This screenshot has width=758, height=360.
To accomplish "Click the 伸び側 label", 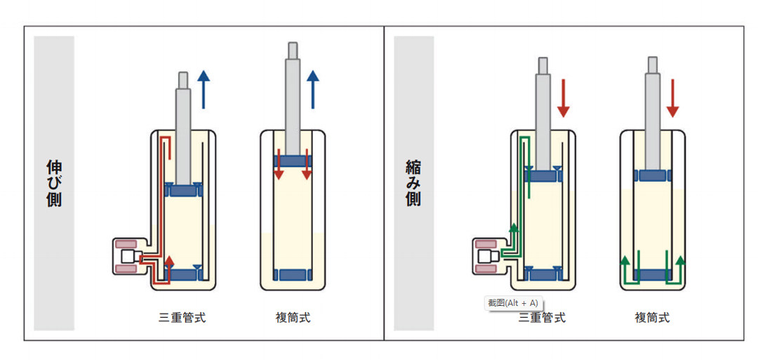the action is [x=54, y=184].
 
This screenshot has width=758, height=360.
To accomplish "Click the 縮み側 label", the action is [x=413, y=184].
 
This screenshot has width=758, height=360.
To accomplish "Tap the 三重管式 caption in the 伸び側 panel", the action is [x=182, y=318].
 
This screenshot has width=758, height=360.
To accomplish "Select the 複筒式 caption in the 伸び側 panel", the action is [x=293, y=318].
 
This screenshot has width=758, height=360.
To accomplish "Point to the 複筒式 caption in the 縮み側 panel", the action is [x=652, y=318].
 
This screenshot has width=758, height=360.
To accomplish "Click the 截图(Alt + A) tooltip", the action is [x=513, y=303].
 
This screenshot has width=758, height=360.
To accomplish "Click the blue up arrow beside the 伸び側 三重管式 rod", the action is [x=204, y=89].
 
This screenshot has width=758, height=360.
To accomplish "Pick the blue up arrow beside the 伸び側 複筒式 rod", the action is [x=313, y=89].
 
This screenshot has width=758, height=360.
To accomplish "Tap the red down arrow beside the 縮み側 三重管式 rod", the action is [x=563, y=98].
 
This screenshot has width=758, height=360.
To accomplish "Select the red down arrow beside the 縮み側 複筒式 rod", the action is [x=672, y=98].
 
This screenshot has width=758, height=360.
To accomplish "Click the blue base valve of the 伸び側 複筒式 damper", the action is [x=293, y=274].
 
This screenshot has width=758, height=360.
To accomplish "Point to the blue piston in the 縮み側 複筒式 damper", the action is [x=653, y=175].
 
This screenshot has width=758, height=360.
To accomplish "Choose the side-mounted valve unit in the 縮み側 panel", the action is [x=489, y=256].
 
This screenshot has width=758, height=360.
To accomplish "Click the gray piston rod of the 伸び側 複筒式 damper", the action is [x=293, y=98].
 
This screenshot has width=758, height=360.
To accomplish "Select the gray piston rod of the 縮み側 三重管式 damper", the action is [x=543, y=114].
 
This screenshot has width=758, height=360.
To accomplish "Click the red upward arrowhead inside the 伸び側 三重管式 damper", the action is [x=168, y=262].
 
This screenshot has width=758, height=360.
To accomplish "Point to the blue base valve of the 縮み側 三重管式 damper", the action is [x=543, y=274].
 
